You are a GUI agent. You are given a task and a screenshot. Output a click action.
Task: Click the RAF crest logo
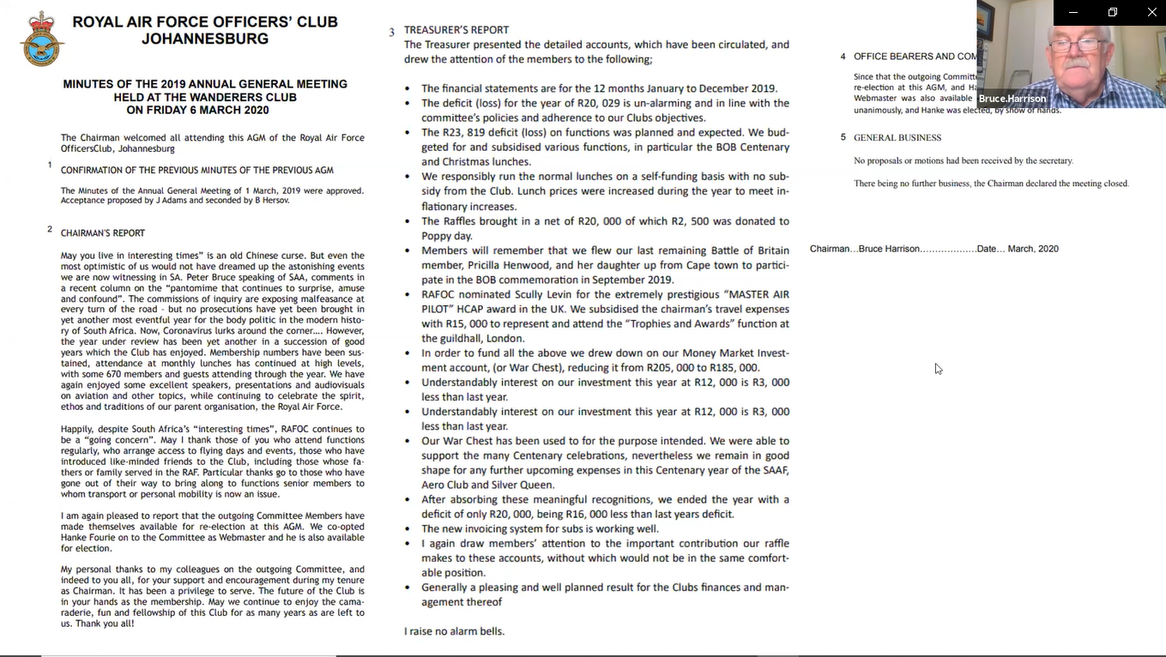pyautogui.click(x=42, y=39)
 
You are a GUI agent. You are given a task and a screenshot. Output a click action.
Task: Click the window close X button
pyautogui.click(x=1151, y=12)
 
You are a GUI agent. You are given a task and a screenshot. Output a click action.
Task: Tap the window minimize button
pyautogui.click(x=1072, y=12)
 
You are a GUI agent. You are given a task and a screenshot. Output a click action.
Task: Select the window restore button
pyautogui.click(x=1112, y=12)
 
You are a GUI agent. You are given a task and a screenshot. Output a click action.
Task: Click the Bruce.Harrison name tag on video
pyautogui.click(x=1012, y=99)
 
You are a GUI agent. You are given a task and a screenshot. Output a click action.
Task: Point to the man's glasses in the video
pyautogui.click(x=1078, y=45)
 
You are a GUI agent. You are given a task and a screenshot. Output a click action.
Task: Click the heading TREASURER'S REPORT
pyautogui.click(x=456, y=30)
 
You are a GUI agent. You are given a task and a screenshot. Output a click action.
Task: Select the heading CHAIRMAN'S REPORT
pyautogui.click(x=103, y=233)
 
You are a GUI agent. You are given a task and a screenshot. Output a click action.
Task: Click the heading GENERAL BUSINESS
pyautogui.click(x=897, y=137)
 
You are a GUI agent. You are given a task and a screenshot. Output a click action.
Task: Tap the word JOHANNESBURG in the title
pyautogui.click(x=205, y=39)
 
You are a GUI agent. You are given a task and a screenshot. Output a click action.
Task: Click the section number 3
pyautogui.click(x=391, y=33)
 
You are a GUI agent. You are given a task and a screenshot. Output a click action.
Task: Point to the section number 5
pyautogui.click(x=843, y=137)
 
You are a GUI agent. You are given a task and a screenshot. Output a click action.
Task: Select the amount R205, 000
pyautogui.click(x=670, y=368)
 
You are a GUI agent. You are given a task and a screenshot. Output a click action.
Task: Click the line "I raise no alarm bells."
pyautogui.click(x=454, y=631)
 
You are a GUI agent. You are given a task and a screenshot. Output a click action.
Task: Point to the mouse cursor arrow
pyautogui.click(x=938, y=368)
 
